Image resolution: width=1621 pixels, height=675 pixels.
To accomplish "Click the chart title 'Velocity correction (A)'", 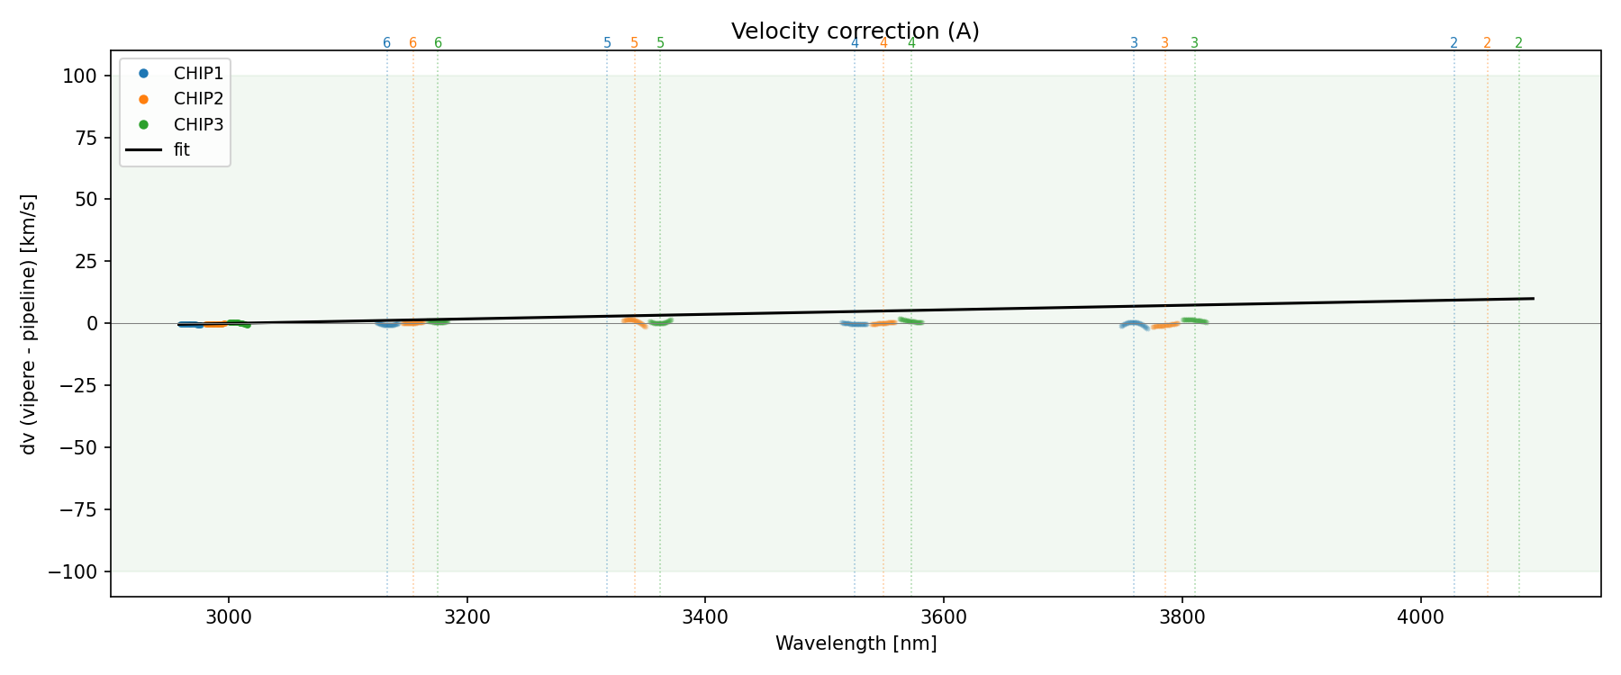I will (855, 31).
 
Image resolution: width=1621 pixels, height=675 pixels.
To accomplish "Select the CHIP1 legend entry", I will (198, 74).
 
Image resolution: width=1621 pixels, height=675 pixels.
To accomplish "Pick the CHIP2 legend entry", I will (198, 99).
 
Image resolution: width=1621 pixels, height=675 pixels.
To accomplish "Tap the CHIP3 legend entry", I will (198, 124).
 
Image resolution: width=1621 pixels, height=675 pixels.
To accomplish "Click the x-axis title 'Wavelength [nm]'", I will (856, 643).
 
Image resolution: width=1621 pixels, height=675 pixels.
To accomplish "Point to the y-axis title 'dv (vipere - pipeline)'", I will (29, 324).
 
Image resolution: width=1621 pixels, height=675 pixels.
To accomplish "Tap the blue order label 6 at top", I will (387, 43).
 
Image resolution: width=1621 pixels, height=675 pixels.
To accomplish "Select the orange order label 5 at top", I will (634, 43).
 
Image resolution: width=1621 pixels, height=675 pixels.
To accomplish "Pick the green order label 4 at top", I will (911, 43).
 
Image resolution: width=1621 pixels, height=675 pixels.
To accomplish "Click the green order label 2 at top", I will (1518, 43).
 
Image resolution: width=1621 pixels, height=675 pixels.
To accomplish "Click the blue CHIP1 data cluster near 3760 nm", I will (1134, 324).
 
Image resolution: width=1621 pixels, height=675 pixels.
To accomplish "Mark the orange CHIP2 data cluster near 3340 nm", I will (632, 321).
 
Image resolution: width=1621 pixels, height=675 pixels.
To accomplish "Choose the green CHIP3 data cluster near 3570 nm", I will (910, 320).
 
